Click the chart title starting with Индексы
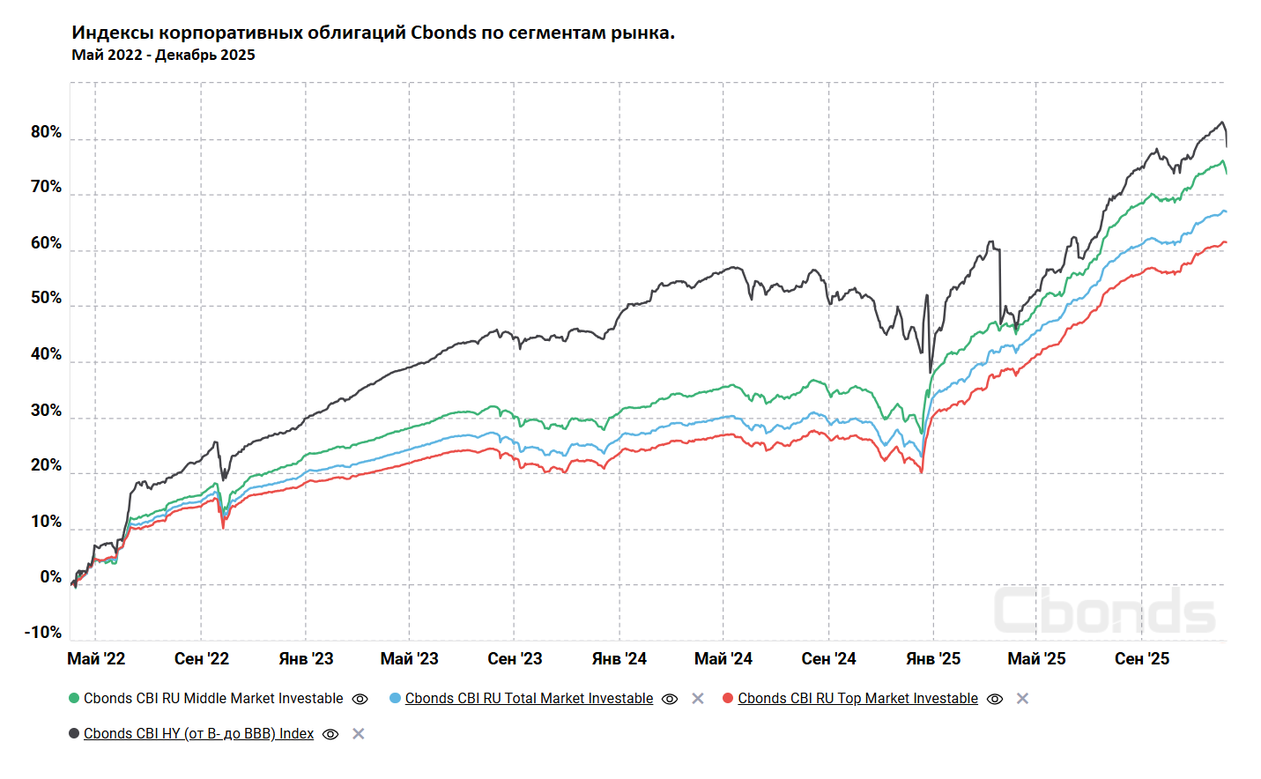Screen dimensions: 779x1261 [x=373, y=33]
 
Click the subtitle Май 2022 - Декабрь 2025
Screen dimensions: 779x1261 [x=163, y=55]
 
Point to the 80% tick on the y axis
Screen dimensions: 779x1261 [x=46, y=132]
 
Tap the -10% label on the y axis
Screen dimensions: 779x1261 [x=43, y=633]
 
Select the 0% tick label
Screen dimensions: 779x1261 [x=51, y=577]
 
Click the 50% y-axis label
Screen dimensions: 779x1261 [x=46, y=298]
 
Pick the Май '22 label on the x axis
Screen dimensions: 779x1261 [x=96, y=659]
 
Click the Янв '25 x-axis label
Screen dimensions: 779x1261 [x=933, y=659]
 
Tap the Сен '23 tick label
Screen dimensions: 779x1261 [x=515, y=659]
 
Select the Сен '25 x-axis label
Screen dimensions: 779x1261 [x=1142, y=659]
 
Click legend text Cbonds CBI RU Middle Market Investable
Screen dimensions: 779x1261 [x=213, y=699]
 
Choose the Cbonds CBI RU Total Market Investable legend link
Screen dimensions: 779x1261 [x=529, y=699]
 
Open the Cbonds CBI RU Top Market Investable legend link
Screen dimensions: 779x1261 [x=857, y=699]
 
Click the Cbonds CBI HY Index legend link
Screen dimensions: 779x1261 [x=198, y=734]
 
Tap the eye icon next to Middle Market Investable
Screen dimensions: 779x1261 [x=360, y=699]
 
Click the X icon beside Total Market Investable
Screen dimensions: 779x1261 [x=698, y=699]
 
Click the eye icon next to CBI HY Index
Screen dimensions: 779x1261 [x=330, y=734]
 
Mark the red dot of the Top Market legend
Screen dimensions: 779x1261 [x=728, y=699]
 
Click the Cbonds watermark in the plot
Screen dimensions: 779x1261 [x=1105, y=611]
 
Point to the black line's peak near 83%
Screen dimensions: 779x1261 [x=1221, y=122]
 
